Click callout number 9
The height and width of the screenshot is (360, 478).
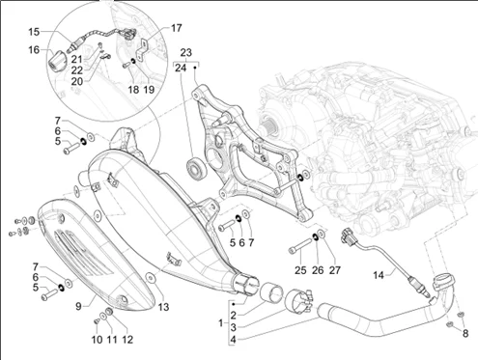point(78,306)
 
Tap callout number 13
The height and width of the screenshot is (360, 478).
point(163,307)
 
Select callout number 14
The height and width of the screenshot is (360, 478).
point(379,275)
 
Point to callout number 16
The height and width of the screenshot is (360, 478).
point(34,50)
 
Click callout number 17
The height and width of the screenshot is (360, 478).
point(176,28)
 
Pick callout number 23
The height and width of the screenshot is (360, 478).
point(186,52)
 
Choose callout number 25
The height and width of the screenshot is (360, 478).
point(300,270)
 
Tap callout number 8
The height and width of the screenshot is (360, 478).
point(465,334)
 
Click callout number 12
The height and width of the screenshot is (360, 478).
point(127,340)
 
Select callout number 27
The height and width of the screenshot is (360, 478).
point(334,270)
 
